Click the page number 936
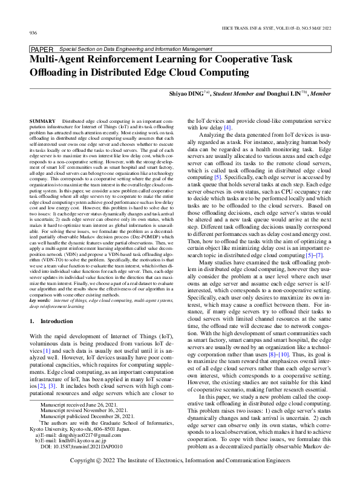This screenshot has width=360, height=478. tap(33, 32)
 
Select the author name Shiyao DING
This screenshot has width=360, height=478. tap(186, 94)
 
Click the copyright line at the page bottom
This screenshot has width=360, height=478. tap(180, 460)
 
